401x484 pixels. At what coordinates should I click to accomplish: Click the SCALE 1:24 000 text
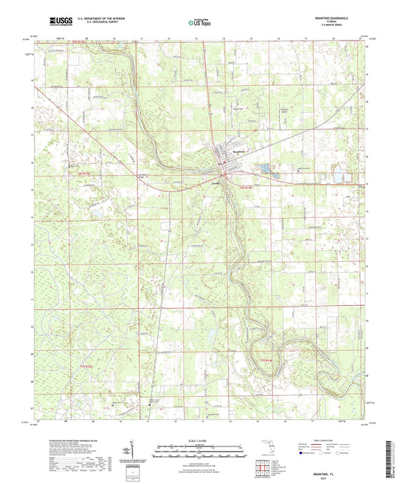(x=200, y=440)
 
